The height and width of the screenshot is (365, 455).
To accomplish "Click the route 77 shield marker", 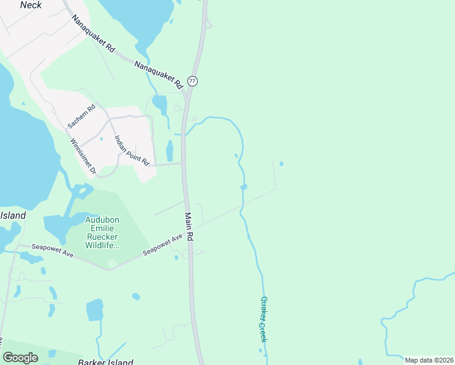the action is [192, 81].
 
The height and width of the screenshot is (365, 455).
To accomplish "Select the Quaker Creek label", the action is [263, 319].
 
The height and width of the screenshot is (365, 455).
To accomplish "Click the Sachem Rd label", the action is [82, 116].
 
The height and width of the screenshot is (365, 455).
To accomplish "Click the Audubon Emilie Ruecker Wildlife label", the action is [101, 232].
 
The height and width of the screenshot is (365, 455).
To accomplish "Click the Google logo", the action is [20, 358].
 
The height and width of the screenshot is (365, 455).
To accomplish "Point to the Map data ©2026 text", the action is [429, 360].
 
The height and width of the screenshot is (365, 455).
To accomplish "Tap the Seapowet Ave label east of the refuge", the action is [162, 244].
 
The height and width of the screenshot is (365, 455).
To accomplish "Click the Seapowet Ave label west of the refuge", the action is [54, 251].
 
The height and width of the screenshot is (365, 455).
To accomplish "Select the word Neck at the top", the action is [30, 5].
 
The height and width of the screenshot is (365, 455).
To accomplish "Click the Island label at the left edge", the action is [13, 216].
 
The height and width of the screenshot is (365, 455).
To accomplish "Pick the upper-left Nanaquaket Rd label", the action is [93, 34].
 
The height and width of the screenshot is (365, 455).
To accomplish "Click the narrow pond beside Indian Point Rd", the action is [170, 151].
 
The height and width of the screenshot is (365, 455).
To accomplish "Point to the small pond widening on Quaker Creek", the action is [243, 187].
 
